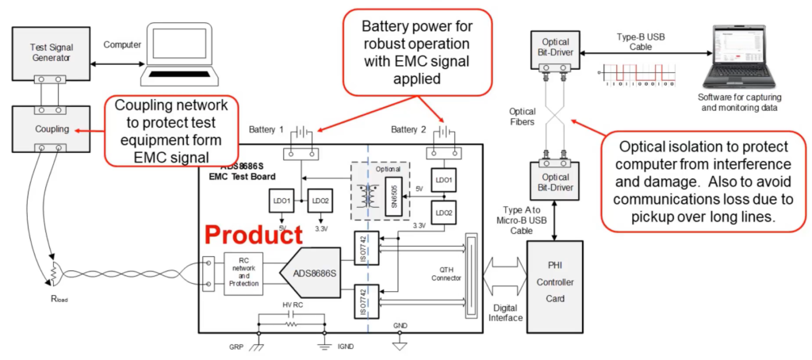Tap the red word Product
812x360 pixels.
tap(255, 235)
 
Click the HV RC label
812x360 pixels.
tap(291, 305)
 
